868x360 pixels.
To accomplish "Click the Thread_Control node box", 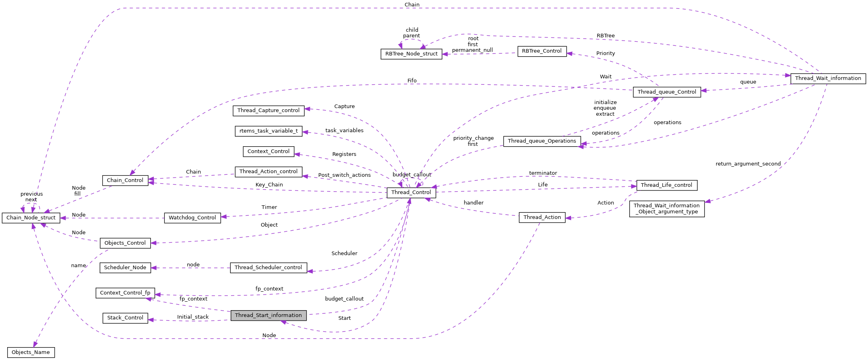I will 411,192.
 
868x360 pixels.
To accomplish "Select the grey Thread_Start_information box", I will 268,315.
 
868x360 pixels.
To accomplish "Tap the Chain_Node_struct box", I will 31,218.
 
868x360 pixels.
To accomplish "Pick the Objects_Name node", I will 31,352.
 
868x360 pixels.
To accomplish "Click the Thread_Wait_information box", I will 828,78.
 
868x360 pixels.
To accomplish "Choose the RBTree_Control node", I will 542,51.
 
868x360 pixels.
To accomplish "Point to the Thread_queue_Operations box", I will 542,141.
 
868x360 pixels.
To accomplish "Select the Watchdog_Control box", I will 192,218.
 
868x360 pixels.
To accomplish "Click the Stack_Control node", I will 125,318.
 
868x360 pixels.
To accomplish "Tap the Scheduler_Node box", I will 125,268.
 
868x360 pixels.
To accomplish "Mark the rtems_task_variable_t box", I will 268,131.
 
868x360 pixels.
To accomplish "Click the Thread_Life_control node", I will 666,185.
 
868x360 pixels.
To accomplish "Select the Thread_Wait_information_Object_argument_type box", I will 667,209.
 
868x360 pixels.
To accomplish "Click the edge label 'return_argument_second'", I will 748,164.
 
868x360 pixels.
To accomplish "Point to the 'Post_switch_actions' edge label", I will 344,175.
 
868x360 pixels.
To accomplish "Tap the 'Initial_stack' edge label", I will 193,317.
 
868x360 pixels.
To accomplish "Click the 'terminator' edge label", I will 543,173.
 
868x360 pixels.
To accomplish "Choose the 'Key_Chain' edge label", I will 269,185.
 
